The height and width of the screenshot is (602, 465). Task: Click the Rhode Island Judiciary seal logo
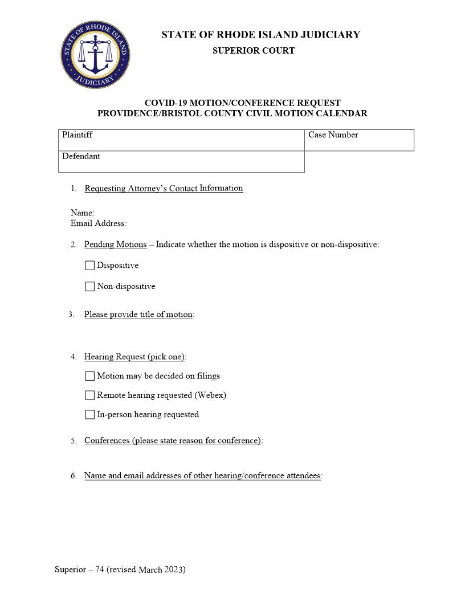tap(95, 55)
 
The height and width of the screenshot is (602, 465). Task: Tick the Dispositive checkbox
tap(89, 266)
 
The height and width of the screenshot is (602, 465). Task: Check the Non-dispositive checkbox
tap(89, 287)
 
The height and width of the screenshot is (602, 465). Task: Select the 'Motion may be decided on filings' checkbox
tap(89, 376)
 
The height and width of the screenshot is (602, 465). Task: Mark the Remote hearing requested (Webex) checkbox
tap(89, 396)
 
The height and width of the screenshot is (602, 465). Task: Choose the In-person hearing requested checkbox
tap(89, 415)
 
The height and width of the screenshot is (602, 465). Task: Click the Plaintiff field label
tap(77, 135)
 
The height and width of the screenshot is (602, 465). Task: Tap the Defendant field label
tap(81, 156)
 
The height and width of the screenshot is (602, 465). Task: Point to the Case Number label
tap(333, 135)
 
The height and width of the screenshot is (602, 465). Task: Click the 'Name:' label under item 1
tap(83, 213)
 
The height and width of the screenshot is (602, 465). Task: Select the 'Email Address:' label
tap(99, 223)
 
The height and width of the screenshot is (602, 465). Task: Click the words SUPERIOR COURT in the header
tap(254, 51)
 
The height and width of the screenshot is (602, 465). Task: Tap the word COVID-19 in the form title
tap(165, 103)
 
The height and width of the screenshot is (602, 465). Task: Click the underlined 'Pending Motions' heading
tap(115, 245)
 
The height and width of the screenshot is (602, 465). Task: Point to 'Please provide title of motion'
tap(138, 315)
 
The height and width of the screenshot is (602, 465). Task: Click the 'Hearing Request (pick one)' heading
tap(134, 357)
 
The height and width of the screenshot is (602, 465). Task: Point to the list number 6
tap(74, 476)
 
